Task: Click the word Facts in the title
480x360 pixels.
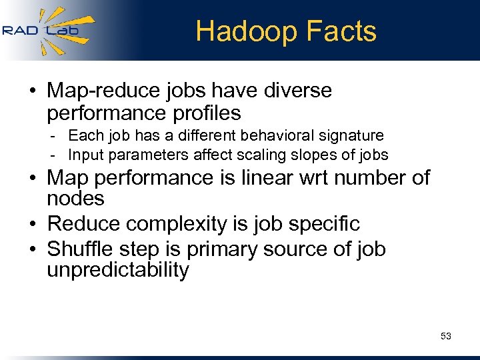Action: (345, 31)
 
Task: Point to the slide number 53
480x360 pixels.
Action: (446, 336)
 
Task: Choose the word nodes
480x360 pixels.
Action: (75, 199)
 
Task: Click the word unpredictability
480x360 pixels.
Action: (118, 270)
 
